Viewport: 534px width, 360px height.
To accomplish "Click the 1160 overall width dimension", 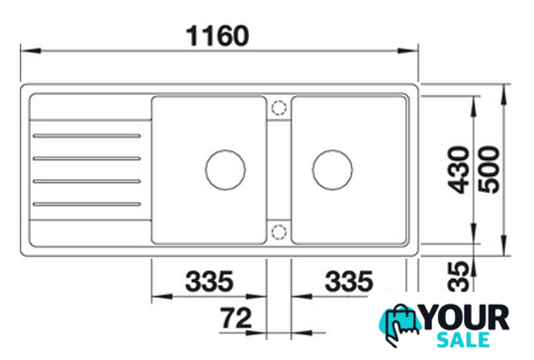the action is pos(218,36).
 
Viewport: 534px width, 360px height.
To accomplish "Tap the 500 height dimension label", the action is pos(489,169).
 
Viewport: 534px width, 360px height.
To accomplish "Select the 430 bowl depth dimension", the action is pos(458,170).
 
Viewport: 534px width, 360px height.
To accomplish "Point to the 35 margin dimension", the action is pos(459,276).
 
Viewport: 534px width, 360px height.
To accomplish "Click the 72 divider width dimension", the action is pos(235,317).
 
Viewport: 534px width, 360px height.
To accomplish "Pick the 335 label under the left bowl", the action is pos(209,281).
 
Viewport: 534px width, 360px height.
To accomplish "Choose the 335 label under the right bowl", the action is pos(349,281).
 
